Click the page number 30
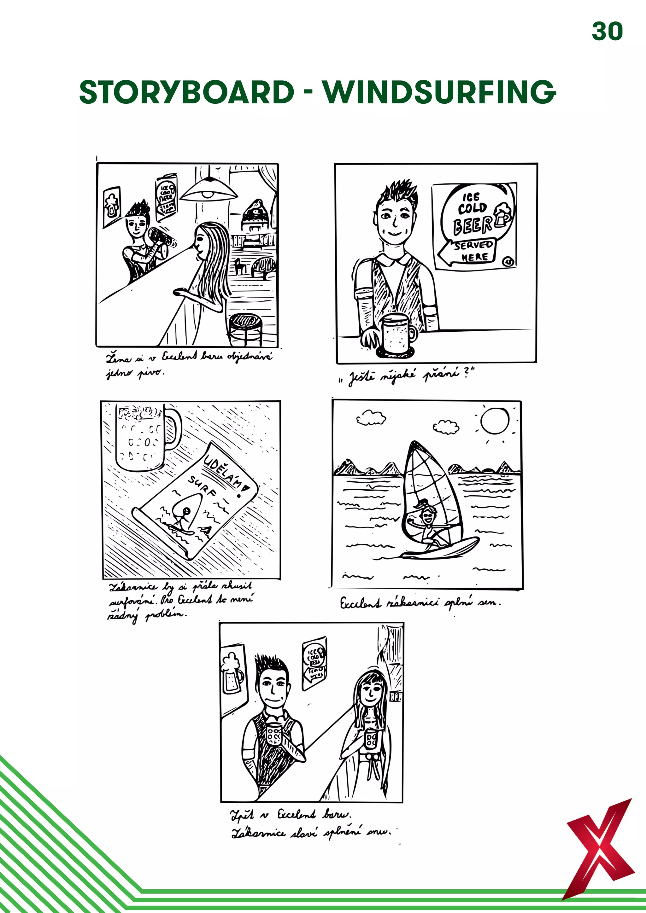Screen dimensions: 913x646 (x=607, y=32)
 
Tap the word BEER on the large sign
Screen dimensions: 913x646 (x=473, y=225)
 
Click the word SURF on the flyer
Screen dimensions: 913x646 (x=203, y=487)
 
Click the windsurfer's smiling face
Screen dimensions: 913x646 (x=427, y=518)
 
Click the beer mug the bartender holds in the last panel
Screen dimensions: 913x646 (x=274, y=734)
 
